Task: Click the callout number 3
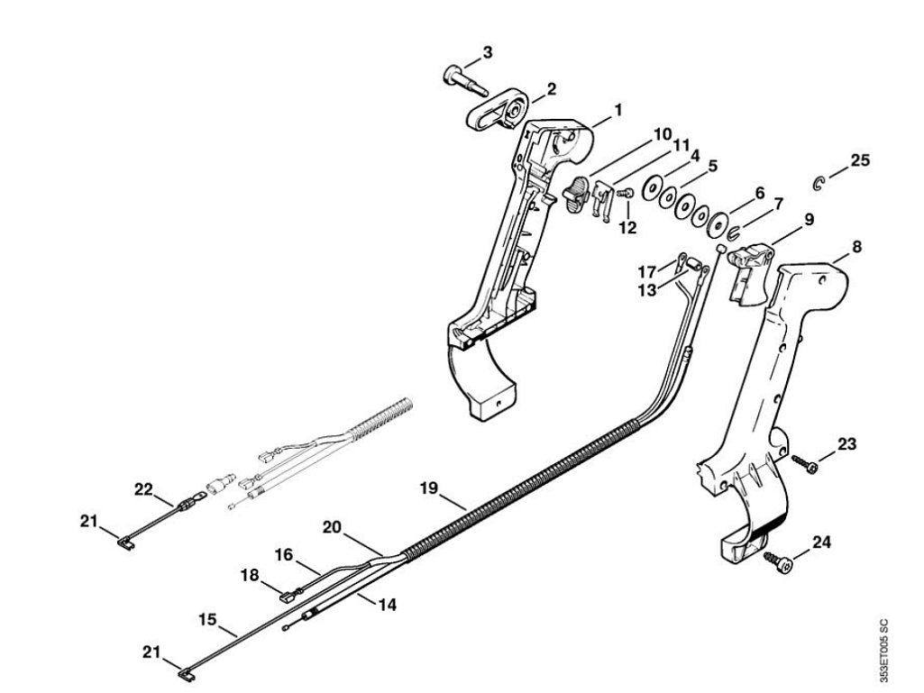tap(488, 52)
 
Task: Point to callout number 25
tap(860, 160)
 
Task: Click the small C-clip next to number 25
tap(818, 184)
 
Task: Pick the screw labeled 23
tap(805, 464)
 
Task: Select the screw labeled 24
tap(779, 561)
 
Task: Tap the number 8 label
tap(856, 247)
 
